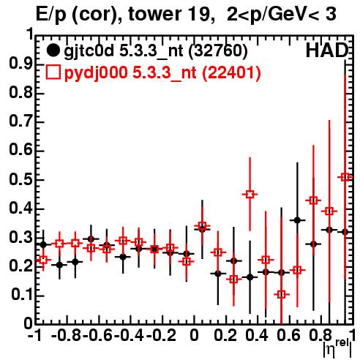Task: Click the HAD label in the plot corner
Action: point(327,50)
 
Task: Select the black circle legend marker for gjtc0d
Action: point(53,50)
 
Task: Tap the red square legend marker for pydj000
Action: point(53,72)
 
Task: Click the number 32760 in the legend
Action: point(218,50)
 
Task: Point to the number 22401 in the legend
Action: point(231,72)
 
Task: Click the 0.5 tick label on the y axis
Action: point(20,179)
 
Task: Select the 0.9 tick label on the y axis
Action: point(20,64)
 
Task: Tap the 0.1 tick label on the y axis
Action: point(22,295)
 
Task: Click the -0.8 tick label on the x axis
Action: point(67,335)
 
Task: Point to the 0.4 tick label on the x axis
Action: point(257,335)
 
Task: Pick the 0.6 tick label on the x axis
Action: point(288,335)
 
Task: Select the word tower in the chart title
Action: point(154,14)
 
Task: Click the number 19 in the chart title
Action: point(200,14)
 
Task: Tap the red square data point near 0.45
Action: point(250,195)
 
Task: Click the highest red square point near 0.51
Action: point(345,177)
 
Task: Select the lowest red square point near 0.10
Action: point(282,294)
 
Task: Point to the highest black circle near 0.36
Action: point(297,220)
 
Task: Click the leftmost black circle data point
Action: point(43,244)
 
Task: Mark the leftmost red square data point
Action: point(43,260)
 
